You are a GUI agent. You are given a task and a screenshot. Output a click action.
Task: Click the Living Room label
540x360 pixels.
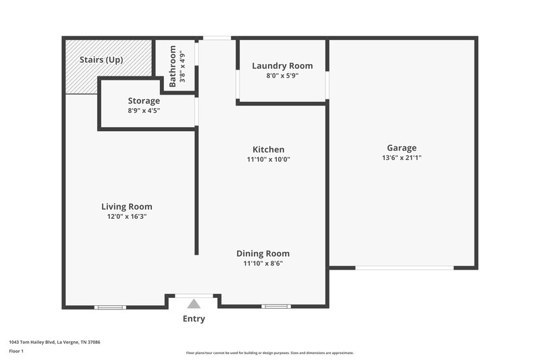(x=127, y=207)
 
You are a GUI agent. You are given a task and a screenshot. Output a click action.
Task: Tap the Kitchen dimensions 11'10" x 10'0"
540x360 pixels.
(x=268, y=159)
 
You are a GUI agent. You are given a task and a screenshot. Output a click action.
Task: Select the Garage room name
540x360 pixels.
(x=402, y=148)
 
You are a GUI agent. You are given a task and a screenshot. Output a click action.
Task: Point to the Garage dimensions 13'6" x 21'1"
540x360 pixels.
(x=402, y=158)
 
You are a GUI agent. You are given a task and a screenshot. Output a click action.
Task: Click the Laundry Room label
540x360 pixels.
(x=282, y=66)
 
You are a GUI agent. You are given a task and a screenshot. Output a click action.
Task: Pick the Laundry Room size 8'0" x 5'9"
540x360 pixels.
(x=282, y=76)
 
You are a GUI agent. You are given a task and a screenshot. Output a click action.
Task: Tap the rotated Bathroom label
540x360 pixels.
(x=173, y=66)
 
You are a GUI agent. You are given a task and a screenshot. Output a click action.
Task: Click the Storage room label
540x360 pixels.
(x=144, y=101)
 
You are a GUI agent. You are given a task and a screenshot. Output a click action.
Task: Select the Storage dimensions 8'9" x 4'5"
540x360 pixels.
(x=144, y=110)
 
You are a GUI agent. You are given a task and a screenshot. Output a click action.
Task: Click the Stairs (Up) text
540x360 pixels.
(x=101, y=60)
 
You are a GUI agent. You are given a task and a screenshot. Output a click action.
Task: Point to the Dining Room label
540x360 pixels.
(x=263, y=253)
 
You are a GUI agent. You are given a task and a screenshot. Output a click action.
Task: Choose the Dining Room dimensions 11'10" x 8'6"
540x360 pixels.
(x=263, y=263)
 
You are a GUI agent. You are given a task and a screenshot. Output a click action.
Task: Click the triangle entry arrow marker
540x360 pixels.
(x=194, y=304)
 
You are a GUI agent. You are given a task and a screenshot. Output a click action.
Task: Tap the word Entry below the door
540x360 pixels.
(x=194, y=319)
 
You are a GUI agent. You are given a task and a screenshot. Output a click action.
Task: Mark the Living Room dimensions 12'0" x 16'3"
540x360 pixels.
(x=127, y=217)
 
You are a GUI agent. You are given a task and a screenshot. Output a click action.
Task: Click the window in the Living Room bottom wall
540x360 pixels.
(x=110, y=307)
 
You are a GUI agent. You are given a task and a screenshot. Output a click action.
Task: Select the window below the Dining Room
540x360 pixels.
(x=275, y=307)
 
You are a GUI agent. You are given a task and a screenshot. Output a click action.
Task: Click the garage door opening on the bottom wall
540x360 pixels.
(x=404, y=268)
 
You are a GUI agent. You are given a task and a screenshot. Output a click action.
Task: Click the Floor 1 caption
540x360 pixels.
(x=16, y=351)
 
